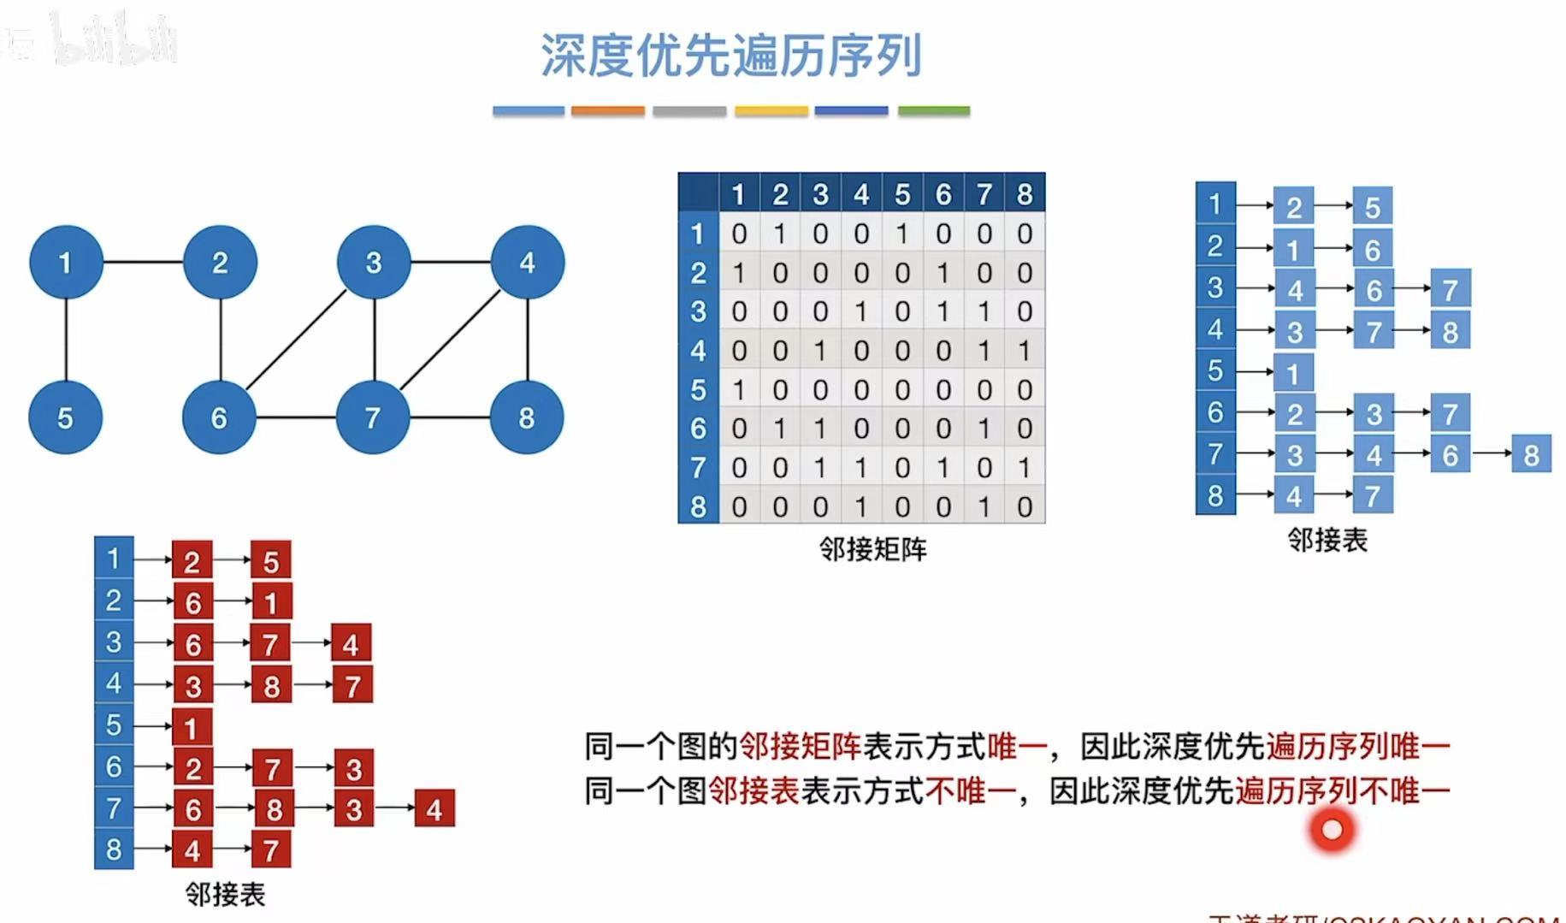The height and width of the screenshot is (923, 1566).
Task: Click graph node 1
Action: (66, 263)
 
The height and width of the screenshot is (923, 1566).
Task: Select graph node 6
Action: (219, 417)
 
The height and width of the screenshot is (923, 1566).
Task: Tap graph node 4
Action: (528, 263)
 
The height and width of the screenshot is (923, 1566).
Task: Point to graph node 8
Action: (527, 417)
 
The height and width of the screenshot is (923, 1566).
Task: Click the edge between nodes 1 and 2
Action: (143, 262)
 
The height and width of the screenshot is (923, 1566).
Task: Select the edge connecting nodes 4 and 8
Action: (528, 340)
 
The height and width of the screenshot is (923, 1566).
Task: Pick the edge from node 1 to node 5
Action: (66, 340)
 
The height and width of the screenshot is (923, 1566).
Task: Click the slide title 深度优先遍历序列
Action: (731, 56)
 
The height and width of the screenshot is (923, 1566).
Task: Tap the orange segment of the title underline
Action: (607, 111)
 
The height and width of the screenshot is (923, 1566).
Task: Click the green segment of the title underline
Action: (933, 111)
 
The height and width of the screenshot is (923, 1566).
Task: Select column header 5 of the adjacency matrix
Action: (902, 194)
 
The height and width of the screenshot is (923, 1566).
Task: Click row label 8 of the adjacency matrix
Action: (698, 507)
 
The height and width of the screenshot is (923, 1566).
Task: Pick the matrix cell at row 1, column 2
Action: (780, 234)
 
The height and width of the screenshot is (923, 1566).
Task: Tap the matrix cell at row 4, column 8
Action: (1025, 351)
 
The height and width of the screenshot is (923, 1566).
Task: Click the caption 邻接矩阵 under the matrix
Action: (872, 549)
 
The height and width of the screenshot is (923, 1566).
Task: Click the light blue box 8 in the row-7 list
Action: (1531, 454)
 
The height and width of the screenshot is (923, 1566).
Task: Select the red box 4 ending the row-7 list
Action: (434, 809)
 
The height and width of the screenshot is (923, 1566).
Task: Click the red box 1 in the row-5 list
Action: (191, 727)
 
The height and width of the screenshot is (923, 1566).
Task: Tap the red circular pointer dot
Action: (1332, 830)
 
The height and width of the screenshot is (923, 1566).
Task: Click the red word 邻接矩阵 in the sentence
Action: (799, 747)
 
